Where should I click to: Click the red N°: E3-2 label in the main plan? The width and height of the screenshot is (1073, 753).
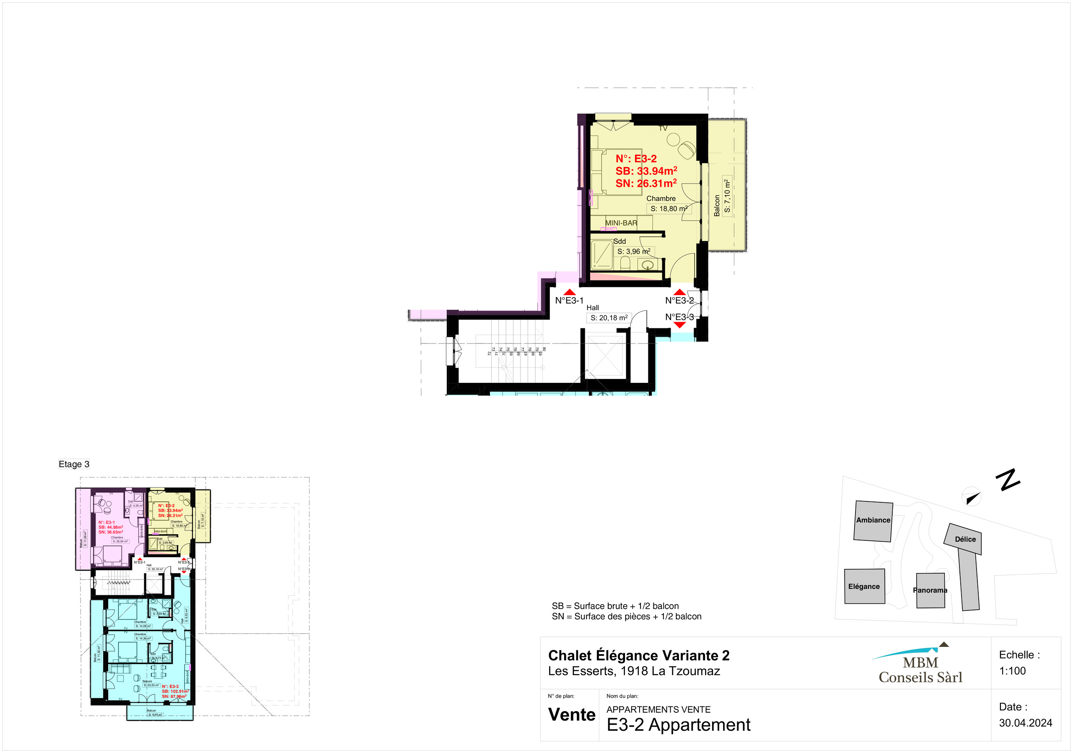pos(635,158)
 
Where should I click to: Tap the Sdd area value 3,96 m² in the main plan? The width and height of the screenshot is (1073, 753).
pos(634,252)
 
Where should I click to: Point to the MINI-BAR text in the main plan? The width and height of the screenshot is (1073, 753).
pos(621,223)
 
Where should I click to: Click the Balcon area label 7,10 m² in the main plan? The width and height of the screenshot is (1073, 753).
pos(727,196)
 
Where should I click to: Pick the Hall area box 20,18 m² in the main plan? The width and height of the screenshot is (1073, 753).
pos(609,318)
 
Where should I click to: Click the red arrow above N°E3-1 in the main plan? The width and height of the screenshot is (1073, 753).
pos(569,292)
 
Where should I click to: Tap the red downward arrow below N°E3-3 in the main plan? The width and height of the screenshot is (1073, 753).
pos(679,325)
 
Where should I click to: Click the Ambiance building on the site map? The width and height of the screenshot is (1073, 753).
pos(873,521)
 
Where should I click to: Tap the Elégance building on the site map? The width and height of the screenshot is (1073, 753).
pos(864,586)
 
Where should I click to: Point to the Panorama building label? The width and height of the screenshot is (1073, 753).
pos(930,590)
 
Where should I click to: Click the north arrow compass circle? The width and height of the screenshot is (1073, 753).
pos(972,497)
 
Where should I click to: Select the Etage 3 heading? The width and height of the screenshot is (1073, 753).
pos(74,464)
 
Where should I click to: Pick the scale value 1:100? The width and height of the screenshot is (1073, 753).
pos(1012,671)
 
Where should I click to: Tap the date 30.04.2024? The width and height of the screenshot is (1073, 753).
pos(1025,723)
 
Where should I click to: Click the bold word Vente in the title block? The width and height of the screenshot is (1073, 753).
pos(572,715)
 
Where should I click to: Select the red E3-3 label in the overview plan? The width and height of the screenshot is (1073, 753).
pos(171,687)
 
